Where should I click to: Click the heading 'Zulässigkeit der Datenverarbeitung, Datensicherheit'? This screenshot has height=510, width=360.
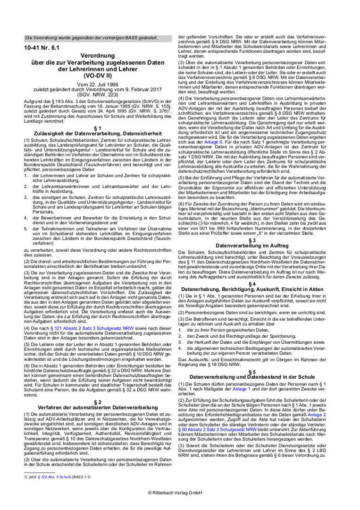[98, 134]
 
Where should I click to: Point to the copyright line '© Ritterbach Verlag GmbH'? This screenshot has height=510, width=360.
[180, 493]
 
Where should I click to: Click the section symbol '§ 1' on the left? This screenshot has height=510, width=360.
[98, 128]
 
